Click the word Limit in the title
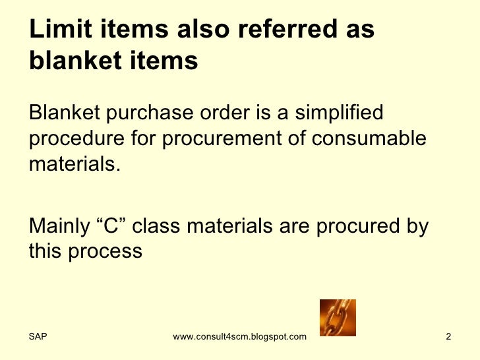click(x=56, y=30)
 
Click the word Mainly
click(x=57, y=226)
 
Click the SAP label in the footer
click(x=38, y=338)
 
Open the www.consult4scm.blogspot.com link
click(x=239, y=338)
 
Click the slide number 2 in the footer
click(x=448, y=338)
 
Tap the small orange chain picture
click(x=337, y=318)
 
